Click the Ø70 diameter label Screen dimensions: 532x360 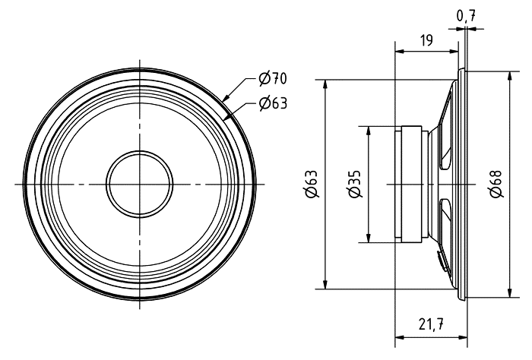[272, 79]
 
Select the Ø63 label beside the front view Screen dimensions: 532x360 [273, 103]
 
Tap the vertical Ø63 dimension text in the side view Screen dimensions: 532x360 [312, 183]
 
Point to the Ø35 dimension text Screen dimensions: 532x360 [355, 183]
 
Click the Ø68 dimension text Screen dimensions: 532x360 [496, 183]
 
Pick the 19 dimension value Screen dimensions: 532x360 [427, 40]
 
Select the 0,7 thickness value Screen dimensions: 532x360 [466, 16]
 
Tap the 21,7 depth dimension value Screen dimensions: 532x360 [431, 324]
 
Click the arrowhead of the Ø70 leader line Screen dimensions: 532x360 [226, 97]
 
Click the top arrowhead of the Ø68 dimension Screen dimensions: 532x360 [509, 77]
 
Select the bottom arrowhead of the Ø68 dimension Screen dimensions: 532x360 [509, 292]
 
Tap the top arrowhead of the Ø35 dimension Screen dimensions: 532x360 [369, 131]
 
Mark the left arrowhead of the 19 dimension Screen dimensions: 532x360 [401, 52]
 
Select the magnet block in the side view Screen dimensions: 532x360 [412, 184]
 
